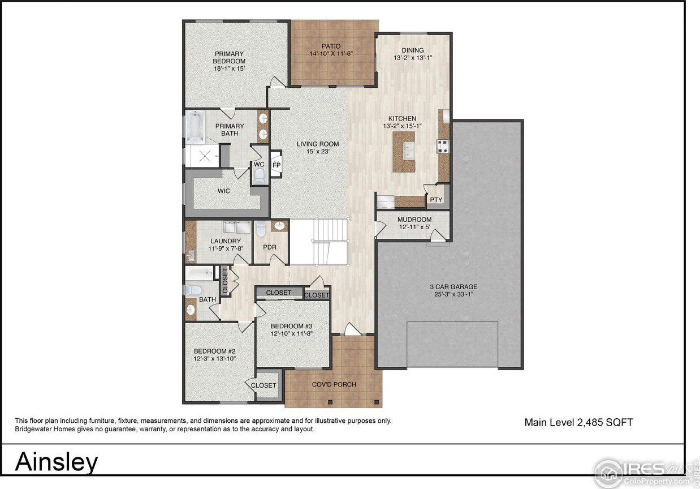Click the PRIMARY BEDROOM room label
pos(229,57)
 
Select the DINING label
pos(413,50)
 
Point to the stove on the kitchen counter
pos(442,146)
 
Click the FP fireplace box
pos(276,165)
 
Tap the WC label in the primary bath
pos(259,165)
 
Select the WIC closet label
pos(224,191)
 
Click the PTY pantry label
pos(436,200)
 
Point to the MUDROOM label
pos(414,220)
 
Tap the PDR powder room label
pos(269,247)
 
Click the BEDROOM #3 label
pos(291,327)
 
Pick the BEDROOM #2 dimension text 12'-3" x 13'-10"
pos(214,359)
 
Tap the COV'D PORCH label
pos(334,385)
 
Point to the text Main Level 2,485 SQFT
pos(578,422)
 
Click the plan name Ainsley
pos(56,462)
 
